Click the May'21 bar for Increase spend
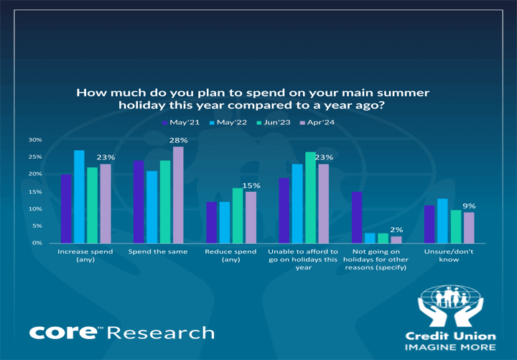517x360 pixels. point(66,208)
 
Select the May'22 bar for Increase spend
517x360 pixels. point(79,197)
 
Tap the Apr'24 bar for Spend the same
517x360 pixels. point(178,195)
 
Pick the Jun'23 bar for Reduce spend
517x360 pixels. point(238,216)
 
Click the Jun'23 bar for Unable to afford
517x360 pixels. point(311,198)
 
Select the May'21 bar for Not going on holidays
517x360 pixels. point(357,218)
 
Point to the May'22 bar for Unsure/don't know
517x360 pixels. point(442,221)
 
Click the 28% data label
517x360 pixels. point(178,140)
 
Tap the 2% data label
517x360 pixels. point(396,230)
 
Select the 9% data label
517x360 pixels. point(469,206)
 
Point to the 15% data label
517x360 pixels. point(251,186)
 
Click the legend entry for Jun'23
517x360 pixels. point(274,122)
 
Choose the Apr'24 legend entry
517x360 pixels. point(317,122)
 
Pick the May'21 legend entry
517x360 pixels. point(181,122)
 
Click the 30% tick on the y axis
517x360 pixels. point(35,140)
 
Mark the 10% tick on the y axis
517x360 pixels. point(35,209)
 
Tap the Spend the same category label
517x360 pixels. point(158,251)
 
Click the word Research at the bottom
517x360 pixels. point(161,333)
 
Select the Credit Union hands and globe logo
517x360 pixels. point(450,306)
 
